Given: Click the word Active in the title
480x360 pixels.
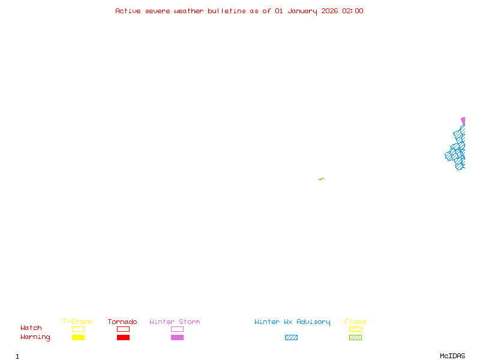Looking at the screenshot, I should pos(128,11).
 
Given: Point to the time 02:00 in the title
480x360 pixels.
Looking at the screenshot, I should pos(353,11).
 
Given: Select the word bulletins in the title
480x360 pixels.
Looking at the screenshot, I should pos(227,11).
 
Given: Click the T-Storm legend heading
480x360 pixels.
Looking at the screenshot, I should pos(77,322).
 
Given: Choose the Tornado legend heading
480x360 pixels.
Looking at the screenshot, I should pos(122,322).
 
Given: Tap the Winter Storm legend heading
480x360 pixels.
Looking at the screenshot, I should pos(175,322).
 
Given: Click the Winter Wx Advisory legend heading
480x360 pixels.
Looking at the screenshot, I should pos(292,322).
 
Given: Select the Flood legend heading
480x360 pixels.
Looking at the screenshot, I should pos(355,322).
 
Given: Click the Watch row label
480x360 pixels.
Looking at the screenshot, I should pos(31,328).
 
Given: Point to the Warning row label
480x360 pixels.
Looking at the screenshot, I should pos(35,337).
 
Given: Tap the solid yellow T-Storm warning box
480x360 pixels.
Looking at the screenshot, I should pos(78,338).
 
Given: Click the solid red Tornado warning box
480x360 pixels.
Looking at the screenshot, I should pos(123,338).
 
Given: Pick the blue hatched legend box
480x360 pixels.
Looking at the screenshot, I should pos(291,338).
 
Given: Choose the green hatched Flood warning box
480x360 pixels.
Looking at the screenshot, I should pos(355,338).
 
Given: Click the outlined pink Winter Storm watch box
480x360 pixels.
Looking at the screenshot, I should pos(177,329).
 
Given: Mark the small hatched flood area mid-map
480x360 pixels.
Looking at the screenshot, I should pos(321,179).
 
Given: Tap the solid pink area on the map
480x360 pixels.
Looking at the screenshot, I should pos(463,121).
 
